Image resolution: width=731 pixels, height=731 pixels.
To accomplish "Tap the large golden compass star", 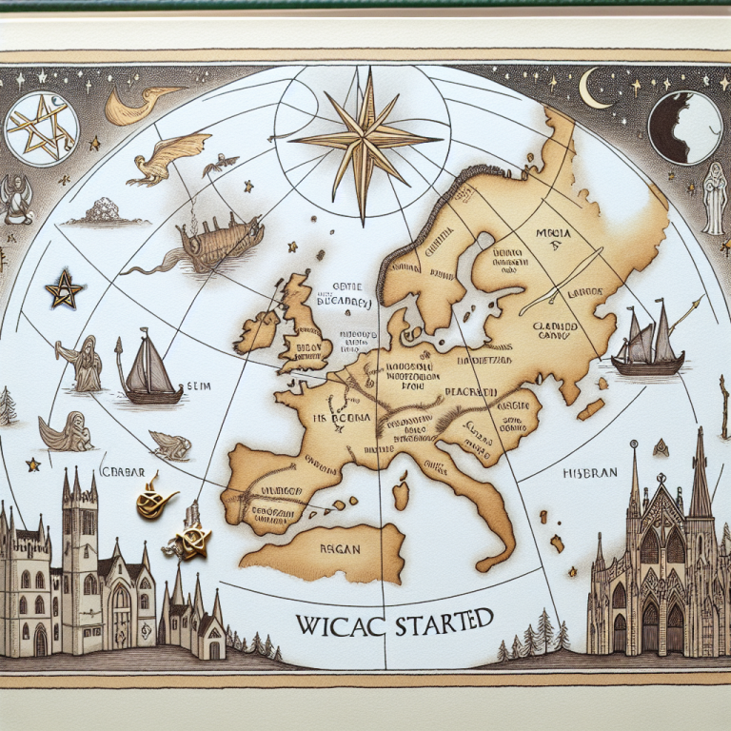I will (x=363, y=141).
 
